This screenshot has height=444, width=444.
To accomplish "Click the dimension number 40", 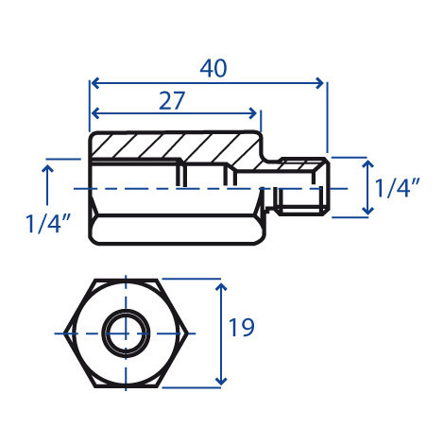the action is click(x=213, y=68).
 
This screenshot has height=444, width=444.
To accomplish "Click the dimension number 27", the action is click(x=172, y=101).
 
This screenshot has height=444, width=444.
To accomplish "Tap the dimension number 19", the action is click(x=242, y=328).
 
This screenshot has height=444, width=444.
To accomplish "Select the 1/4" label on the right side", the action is click(x=398, y=188).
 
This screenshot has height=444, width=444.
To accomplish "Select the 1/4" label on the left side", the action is click(x=48, y=223).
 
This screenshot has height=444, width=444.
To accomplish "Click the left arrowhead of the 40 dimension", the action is click(x=95, y=83).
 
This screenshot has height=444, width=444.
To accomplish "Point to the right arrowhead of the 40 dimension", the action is click(x=319, y=83).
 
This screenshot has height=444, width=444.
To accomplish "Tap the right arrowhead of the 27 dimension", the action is click(x=252, y=113).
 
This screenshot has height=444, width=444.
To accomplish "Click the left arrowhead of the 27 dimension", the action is click(x=95, y=113).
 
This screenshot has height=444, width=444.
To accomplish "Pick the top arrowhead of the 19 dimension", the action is click(x=222, y=287).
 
